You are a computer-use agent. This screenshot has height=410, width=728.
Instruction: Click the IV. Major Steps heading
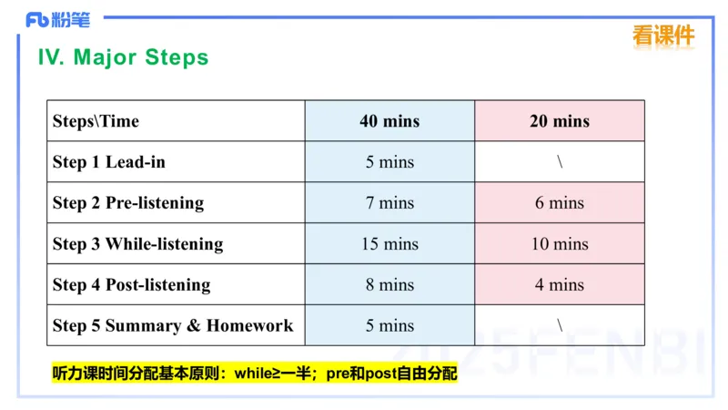coord(123,57)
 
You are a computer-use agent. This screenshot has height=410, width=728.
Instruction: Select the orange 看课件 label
coord(663,36)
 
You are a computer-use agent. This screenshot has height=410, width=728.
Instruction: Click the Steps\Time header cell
coord(96,121)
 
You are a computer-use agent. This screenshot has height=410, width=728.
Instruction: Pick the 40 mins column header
coord(389,121)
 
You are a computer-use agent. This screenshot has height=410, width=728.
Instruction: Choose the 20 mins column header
coord(560,121)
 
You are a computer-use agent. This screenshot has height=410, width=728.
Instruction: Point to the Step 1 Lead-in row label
coord(109,162)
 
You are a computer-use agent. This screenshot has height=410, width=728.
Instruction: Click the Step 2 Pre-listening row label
coord(128,202)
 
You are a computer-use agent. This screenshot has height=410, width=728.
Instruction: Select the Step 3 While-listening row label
coord(137,243)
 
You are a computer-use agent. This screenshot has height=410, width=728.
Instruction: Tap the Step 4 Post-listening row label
coord(131,284)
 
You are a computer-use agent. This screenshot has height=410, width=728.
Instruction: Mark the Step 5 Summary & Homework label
coord(173,325)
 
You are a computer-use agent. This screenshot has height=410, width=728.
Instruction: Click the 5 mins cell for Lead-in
coord(389,162)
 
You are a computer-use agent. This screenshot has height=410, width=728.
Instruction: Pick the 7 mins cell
coord(389,202)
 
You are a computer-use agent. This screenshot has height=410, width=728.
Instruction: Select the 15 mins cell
coord(389,243)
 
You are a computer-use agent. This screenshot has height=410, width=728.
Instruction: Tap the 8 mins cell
coord(389,284)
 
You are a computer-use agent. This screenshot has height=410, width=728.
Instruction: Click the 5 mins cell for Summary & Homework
coord(389,325)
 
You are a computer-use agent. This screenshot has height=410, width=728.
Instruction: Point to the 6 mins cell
coord(560,202)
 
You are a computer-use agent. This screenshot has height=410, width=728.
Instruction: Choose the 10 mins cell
coord(560,243)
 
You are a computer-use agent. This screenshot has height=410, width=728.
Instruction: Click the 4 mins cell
coord(560,284)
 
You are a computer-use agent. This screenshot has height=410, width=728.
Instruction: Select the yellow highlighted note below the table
coord(255,374)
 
